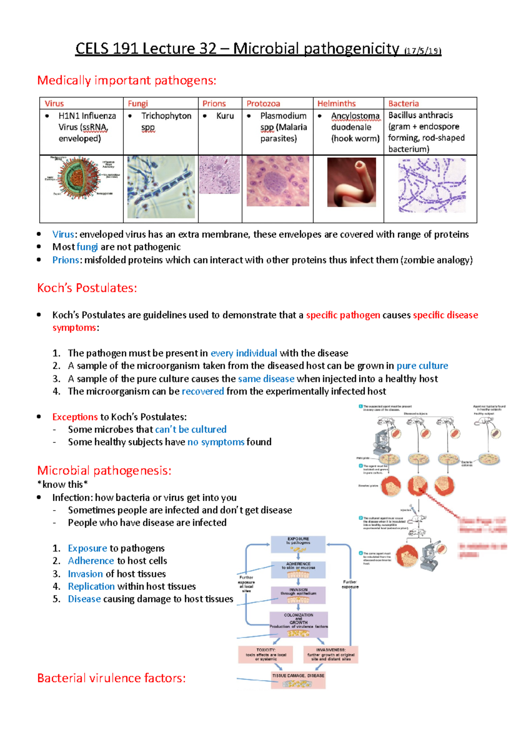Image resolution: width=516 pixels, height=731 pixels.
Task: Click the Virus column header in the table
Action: (54, 103)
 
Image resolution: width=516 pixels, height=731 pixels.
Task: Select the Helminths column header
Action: (336, 103)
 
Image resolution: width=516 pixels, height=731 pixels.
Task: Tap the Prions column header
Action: (214, 103)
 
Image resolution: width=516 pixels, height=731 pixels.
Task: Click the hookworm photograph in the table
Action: (351, 182)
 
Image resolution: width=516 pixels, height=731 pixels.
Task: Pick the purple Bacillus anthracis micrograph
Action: (431, 186)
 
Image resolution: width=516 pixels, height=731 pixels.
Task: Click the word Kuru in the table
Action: (225, 116)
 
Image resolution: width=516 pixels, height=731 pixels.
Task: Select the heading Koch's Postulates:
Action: (87, 288)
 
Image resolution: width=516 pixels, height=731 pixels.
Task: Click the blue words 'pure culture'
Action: (422, 366)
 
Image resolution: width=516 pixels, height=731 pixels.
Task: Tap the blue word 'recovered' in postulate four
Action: (203, 391)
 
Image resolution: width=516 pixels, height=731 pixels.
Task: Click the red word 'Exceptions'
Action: (75, 417)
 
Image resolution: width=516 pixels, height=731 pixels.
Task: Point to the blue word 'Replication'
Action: (91, 586)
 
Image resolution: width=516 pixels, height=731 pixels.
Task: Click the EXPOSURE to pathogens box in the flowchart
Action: (298, 544)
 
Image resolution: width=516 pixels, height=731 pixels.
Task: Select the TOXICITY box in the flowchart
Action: (266, 654)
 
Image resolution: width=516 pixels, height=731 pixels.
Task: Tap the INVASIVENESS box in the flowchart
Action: (331, 654)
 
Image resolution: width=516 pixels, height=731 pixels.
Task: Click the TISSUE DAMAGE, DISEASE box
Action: (298, 680)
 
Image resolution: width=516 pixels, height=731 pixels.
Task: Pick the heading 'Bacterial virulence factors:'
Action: (111, 678)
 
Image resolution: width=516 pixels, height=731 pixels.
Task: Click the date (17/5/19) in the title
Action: (423, 51)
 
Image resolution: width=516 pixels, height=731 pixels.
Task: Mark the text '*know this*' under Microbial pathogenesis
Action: (62, 484)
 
